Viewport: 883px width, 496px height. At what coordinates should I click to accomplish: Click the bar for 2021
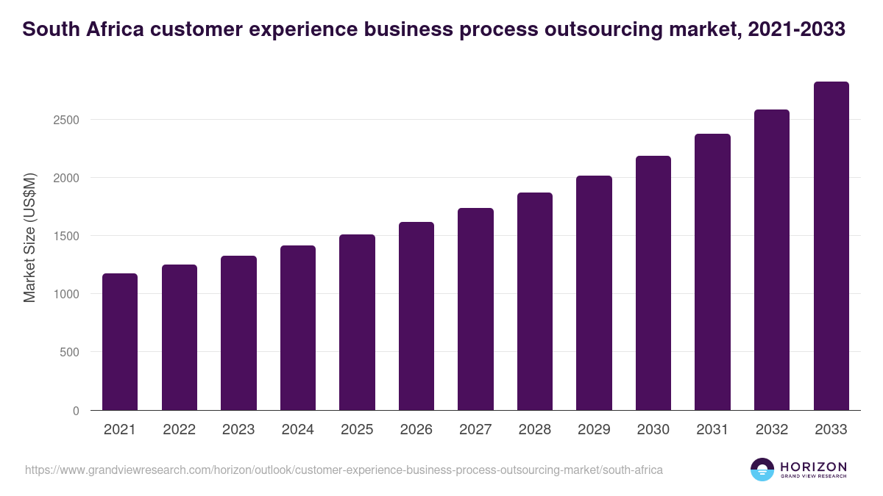[x=120, y=342]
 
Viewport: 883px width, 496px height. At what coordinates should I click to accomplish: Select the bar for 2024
[x=297, y=328]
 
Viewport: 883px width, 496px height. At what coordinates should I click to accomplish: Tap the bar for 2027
[x=475, y=309]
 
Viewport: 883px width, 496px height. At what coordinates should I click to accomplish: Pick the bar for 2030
[x=653, y=283]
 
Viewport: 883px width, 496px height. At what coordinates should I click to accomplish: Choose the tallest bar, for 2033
[x=831, y=246]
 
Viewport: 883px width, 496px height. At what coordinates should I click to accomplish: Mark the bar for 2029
[x=594, y=292]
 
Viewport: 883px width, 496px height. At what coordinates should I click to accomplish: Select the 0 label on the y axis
[x=76, y=411]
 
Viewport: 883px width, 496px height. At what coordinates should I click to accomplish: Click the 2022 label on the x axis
[x=179, y=430]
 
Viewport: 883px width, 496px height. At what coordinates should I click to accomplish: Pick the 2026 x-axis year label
[x=416, y=430]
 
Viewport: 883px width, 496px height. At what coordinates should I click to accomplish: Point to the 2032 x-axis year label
[x=772, y=430]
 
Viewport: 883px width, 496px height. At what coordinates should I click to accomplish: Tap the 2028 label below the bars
[x=534, y=430]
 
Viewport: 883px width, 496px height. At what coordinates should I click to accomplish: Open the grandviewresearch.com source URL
[x=344, y=470]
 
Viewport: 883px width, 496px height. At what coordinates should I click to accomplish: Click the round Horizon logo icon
[x=762, y=470]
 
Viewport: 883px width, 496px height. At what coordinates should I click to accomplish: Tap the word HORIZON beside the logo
[x=813, y=467]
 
